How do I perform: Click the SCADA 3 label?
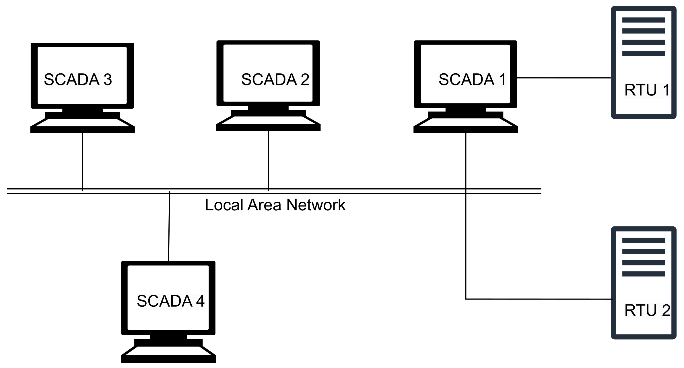click(x=78, y=80)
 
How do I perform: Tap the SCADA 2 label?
click(x=275, y=80)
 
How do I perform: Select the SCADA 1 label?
click(x=472, y=80)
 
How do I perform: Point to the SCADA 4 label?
click(x=170, y=301)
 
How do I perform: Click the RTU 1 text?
click(x=647, y=90)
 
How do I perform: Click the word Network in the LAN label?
click(x=316, y=205)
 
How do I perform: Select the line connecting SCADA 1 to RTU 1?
click(x=564, y=78)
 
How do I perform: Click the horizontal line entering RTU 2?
click(x=539, y=299)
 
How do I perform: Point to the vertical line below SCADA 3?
click(x=83, y=160)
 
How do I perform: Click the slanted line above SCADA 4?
click(x=169, y=226)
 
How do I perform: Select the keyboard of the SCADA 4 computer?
click(x=168, y=351)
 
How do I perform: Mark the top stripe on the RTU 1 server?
click(x=644, y=20)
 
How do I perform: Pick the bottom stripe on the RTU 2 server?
click(x=644, y=274)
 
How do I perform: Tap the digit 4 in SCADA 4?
click(x=200, y=301)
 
